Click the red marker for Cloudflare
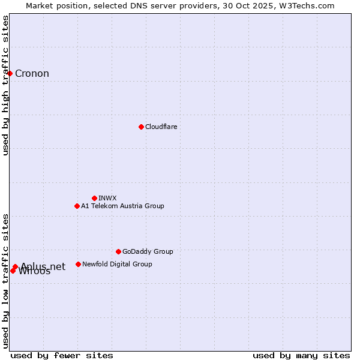pos(141,127)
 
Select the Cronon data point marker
pos(10,73)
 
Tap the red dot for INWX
pos(94,198)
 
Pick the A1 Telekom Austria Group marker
pos(77,206)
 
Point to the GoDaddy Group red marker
pos(118,251)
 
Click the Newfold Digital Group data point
pos(78,264)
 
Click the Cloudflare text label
pos(161,127)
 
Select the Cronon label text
pos(32,74)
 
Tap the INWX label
pos(107,198)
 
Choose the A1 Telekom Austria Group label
pos(122,206)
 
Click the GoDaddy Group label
pos(148,251)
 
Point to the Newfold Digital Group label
pos(117,264)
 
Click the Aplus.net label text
pos(43,266)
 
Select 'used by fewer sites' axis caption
pos(62,355)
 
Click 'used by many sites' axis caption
pos(301,355)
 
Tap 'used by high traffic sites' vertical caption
pos(6,85)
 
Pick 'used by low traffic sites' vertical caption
pos(6,281)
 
